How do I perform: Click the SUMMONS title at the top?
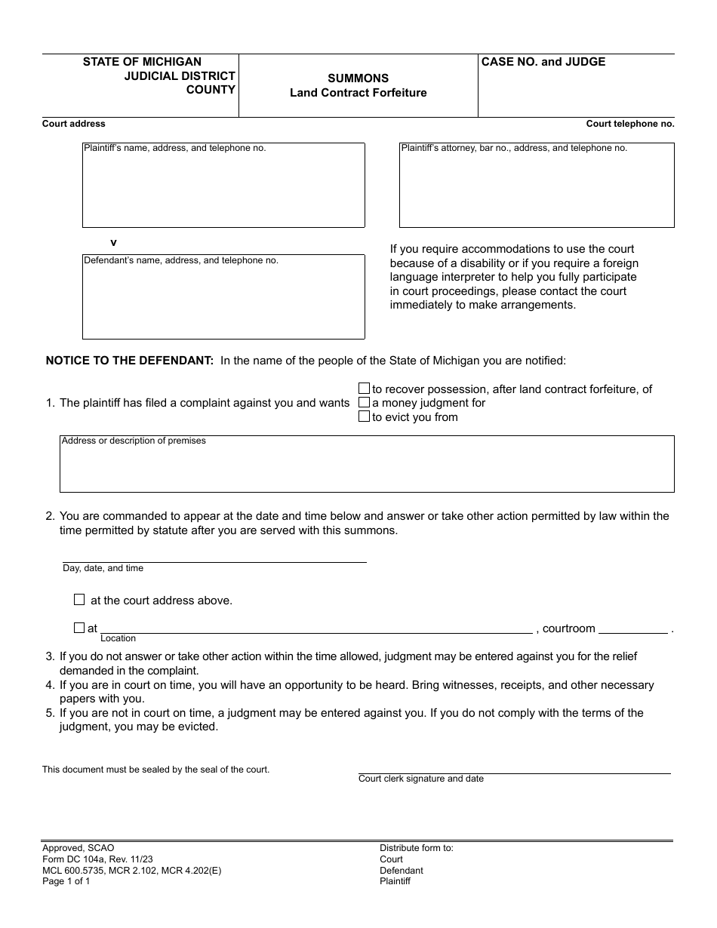tap(358, 78)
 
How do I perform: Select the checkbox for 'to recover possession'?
tap(364, 389)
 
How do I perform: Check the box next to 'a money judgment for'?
tap(364, 403)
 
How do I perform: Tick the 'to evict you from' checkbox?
tap(364, 416)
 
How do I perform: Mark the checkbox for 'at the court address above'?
tap(79, 600)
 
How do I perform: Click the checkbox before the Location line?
tap(79, 628)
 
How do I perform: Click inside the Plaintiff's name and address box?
tap(223, 189)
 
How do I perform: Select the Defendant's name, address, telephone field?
tap(223, 300)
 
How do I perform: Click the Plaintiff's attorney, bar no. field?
tap(536, 189)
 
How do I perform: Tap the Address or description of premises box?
tap(367, 468)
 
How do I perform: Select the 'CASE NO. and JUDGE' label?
tap(543, 62)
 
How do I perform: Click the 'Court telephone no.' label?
tap(630, 124)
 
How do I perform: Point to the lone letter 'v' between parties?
tap(114, 242)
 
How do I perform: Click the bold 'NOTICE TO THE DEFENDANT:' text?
tap(130, 361)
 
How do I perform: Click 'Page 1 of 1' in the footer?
tap(66, 881)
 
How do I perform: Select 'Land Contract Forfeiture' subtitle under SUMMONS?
tap(358, 93)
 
